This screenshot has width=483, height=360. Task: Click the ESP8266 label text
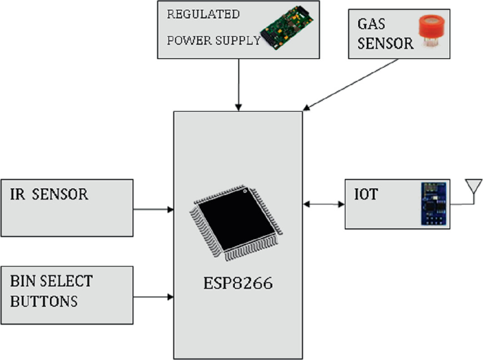pyautogui.click(x=238, y=287)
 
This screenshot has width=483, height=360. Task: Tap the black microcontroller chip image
pyautogui.click(x=238, y=221)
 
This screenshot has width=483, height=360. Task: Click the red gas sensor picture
pyautogui.click(x=432, y=32)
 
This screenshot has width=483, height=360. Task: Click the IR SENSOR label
pyautogui.click(x=50, y=195)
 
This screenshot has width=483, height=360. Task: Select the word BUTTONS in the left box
pyautogui.click(x=44, y=302)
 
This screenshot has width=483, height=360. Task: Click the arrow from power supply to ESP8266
pyautogui.click(x=240, y=84)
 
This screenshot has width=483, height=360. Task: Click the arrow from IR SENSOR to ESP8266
pyautogui.click(x=154, y=209)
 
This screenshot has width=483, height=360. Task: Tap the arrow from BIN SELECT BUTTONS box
pyautogui.click(x=154, y=296)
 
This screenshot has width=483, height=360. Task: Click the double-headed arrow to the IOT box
pyautogui.click(x=324, y=205)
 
